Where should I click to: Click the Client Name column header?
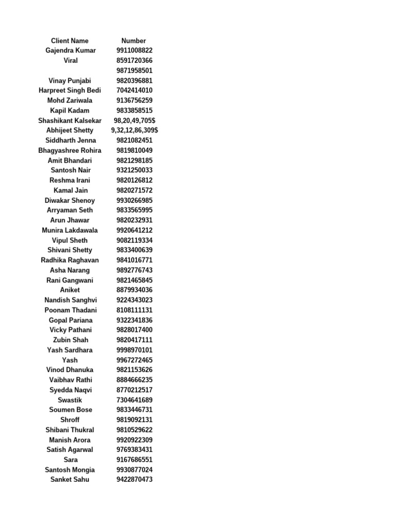(x=70, y=41)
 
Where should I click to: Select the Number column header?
(x=134, y=41)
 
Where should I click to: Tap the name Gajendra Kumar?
(x=70, y=50)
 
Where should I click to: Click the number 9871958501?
(x=134, y=71)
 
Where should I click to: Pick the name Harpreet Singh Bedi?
(x=70, y=91)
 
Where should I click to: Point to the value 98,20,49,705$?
(x=134, y=120)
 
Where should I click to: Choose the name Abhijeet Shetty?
(x=70, y=130)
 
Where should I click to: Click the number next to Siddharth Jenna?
(x=134, y=140)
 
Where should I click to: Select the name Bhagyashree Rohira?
(x=70, y=150)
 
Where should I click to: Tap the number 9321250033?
(x=134, y=170)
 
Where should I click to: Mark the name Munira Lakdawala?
(x=70, y=230)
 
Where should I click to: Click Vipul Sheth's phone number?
(x=134, y=240)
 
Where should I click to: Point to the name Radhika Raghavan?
(x=70, y=260)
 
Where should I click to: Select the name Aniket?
(x=70, y=290)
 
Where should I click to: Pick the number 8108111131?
(x=134, y=310)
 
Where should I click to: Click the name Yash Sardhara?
(x=70, y=350)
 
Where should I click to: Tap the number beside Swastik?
(x=134, y=400)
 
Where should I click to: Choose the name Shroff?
(x=70, y=419)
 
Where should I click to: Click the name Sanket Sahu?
(x=70, y=480)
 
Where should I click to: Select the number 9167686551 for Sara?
(x=134, y=460)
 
